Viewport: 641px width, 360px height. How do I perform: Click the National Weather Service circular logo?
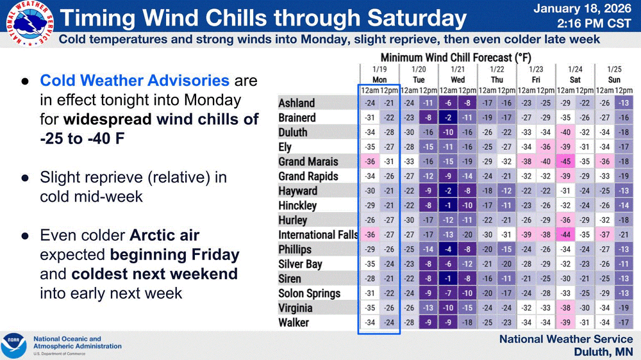(30, 23)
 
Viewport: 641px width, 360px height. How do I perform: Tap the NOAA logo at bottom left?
(13, 345)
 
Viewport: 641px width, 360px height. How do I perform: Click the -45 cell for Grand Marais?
(565, 161)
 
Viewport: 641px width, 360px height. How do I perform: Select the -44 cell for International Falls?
(565, 234)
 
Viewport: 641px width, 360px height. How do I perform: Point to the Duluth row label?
(293, 133)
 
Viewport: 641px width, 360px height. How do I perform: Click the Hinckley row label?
(297, 206)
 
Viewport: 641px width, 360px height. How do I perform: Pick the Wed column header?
(458, 79)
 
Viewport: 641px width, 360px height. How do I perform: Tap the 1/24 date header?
(575, 69)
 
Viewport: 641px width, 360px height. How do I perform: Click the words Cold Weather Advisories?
(135, 81)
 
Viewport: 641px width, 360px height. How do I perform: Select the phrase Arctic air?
(164, 235)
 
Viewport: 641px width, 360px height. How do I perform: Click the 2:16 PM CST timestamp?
(594, 24)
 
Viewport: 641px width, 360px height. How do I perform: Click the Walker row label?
(294, 323)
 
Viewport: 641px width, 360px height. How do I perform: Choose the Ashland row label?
(296, 103)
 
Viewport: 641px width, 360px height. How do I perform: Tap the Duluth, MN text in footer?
(603, 352)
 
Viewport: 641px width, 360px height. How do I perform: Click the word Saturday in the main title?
(417, 18)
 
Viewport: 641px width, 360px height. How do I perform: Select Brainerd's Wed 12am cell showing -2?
(448, 118)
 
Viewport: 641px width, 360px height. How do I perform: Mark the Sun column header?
(614, 79)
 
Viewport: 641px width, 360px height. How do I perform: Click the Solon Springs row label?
(310, 293)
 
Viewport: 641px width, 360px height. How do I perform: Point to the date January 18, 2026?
(583, 8)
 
